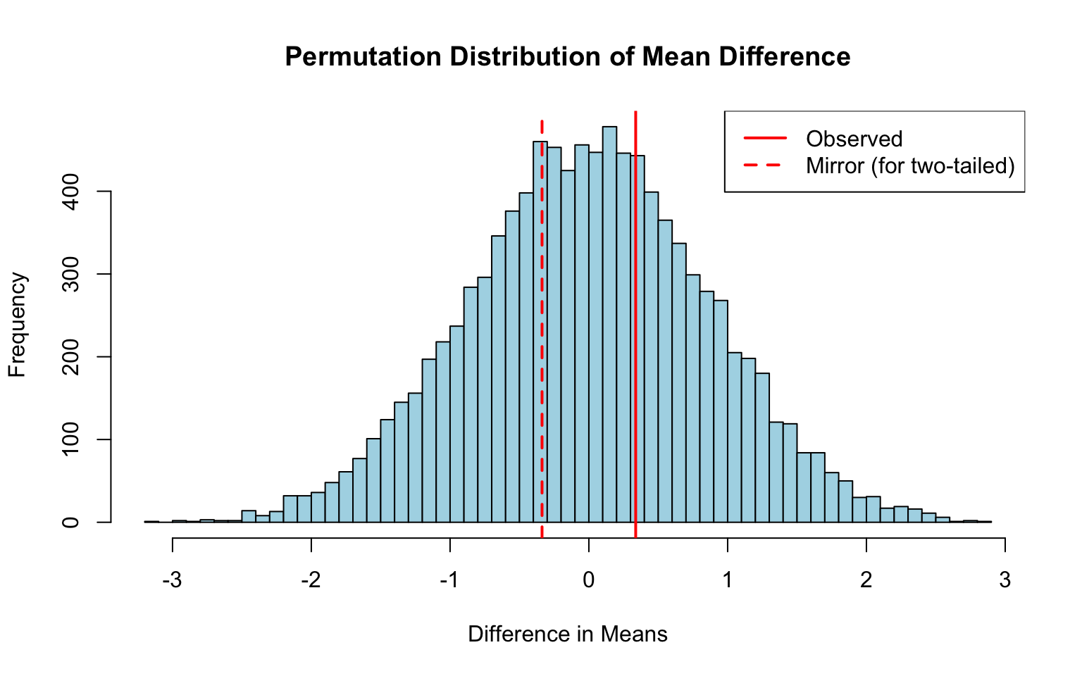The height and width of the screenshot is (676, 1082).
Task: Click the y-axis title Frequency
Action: tap(18, 325)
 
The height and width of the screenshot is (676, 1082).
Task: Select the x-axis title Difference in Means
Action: tap(567, 634)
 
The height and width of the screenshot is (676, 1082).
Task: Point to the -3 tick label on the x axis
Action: tap(172, 580)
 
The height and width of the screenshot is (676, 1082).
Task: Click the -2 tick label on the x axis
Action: tap(311, 580)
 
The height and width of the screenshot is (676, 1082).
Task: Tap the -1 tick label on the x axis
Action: tap(449, 580)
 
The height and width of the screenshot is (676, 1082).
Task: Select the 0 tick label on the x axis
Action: tap(588, 580)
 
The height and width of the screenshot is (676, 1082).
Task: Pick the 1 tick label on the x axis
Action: tap(727, 580)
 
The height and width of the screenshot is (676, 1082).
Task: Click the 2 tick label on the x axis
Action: tap(866, 580)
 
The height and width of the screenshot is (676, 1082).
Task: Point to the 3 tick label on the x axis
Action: tap(1005, 580)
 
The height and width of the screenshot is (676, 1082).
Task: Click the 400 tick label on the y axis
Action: tap(71, 192)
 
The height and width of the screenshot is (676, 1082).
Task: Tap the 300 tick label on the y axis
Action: tap(71, 274)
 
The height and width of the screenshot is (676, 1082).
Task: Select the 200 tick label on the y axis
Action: tap(71, 357)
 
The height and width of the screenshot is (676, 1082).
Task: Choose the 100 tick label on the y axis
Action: tap(71, 439)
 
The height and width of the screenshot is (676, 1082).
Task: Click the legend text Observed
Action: tap(854, 139)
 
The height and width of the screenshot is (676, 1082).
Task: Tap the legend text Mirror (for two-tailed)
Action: tap(910, 165)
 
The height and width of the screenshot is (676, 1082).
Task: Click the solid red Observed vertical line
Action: tap(635, 352)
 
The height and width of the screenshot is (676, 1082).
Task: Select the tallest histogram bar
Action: tap(609, 324)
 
